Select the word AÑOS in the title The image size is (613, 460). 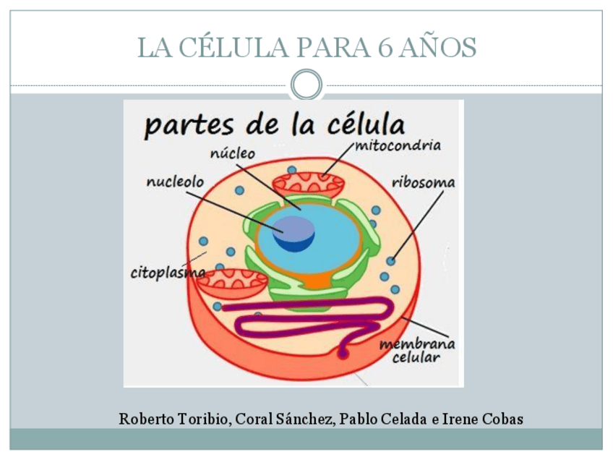(x=440, y=48)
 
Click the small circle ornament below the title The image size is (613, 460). (x=306, y=85)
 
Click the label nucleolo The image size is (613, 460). (x=175, y=182)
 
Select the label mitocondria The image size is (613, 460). (x=398, y=145)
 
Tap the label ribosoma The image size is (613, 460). (x=424, y=182)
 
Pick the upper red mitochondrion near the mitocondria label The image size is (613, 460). (x=307, y=185)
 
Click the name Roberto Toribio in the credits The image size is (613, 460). (x=174, y=419)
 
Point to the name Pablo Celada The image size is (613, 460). (x=383, y=419)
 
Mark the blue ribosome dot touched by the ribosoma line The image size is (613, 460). (x=391, y=261)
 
